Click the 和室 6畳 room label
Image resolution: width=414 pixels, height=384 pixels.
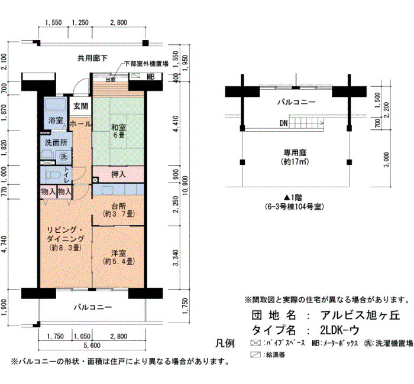tap(118, 131)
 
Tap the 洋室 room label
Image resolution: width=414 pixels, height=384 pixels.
tap(118, 253)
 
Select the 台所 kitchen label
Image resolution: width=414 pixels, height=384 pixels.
tap(118, 206)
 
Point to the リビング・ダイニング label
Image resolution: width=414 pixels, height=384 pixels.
tap(66, 234)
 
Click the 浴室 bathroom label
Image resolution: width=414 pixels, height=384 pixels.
tap(56, 121)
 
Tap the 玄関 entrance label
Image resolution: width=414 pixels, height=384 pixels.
tap(80, 106)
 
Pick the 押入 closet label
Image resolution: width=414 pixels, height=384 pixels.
tap(118, 174)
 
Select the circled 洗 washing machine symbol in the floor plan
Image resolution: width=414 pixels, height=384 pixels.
tap(64, 157)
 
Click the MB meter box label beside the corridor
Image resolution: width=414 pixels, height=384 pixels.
tap(150, 77)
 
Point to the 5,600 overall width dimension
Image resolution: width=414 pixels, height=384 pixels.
tap(92, 345)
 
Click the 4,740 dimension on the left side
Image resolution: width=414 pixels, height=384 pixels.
tap(4, 245)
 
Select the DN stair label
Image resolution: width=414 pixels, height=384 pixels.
tap(283, 123)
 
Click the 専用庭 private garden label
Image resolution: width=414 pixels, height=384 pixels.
tap(295, 152)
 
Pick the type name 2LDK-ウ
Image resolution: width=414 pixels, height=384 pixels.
tap(340, 330)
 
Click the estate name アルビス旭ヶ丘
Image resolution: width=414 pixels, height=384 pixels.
tap(360, 315)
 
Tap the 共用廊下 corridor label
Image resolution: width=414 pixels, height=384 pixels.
tap(92, 58)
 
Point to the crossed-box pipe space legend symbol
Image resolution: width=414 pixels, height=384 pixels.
tap(255, 343)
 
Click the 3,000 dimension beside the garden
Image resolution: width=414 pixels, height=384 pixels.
tap(386, 160)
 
